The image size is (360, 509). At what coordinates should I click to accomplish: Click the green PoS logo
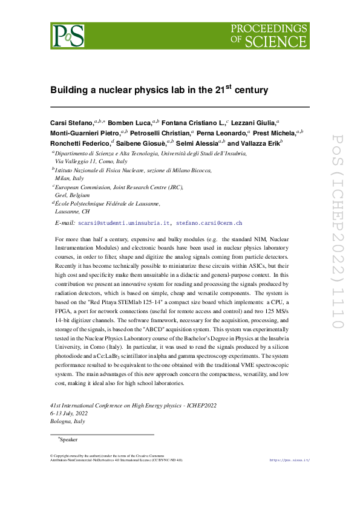[67, 36]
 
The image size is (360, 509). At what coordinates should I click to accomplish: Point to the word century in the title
[251, 90]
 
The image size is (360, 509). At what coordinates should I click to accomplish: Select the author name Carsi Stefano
[71, 123]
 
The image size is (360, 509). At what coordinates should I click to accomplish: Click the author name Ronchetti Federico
[80, 143]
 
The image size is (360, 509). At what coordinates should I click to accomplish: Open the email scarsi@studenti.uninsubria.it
[124, 223]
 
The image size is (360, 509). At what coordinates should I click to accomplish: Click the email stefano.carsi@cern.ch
[209, 223]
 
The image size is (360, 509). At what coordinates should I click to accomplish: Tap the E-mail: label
[65, 223]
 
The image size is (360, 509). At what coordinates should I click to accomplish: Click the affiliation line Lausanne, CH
[72, 213]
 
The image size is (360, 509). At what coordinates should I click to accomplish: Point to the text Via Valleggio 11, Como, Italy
[91, 162]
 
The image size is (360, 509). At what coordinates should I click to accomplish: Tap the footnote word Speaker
[68, 439]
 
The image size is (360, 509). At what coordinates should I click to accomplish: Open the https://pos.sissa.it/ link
[289, 460]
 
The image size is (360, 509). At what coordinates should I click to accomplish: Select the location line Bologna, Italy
[68, 421]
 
